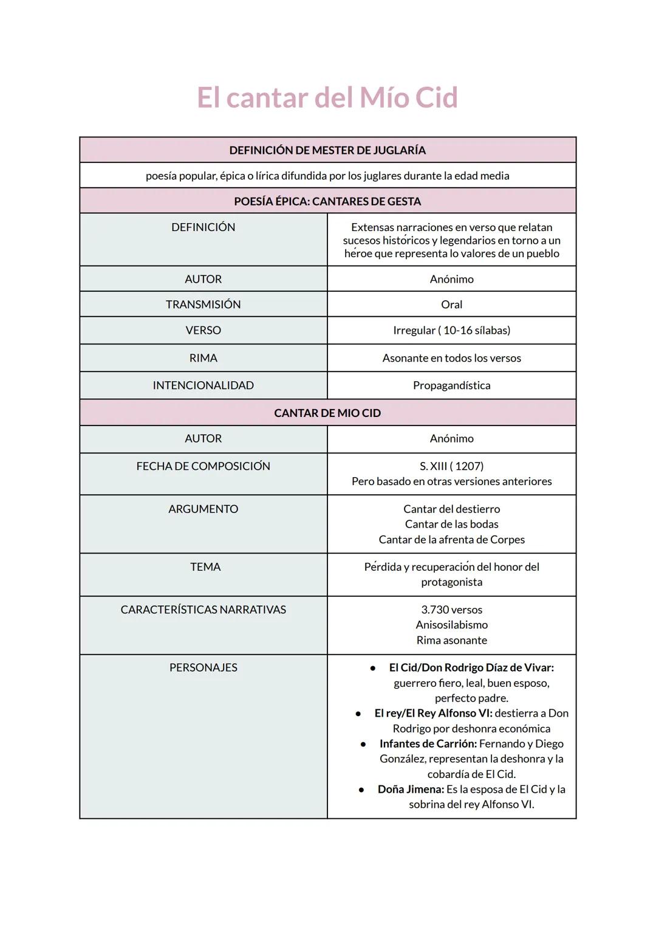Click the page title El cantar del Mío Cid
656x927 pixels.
click(x=327, y=98)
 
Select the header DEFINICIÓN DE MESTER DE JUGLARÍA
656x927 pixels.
click(x=327, y=150)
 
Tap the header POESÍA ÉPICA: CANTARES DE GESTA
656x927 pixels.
click(x=327, y=201)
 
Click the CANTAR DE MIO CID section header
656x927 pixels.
click(x=327, y=413)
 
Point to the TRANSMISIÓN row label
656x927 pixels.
click(x=203, y=305)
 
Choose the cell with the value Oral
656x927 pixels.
click(x=451, y=305)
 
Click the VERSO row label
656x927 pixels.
click(x=203, y=331)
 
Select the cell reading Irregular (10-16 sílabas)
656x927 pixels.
click(x=451, y=331)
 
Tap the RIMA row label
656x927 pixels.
click(x=203, y=358)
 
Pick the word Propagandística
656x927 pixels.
click(x=451, y=385)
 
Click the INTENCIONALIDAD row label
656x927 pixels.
click(x=203, y=385)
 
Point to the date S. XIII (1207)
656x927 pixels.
click(x=451, y=466)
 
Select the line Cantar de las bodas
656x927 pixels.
click(x=451, y=524)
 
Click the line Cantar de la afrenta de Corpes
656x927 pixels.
click(x=451, y=540)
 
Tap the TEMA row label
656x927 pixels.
click(x=205, y=567)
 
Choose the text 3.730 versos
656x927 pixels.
click(x=451, y=610)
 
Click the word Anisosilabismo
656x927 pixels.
click(x=451, y=625)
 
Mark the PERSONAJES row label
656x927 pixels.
click(x=203, y=667)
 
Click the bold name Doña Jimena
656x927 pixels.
click(x=411, y=790)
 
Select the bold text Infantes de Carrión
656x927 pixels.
click(x=428, y=744)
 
